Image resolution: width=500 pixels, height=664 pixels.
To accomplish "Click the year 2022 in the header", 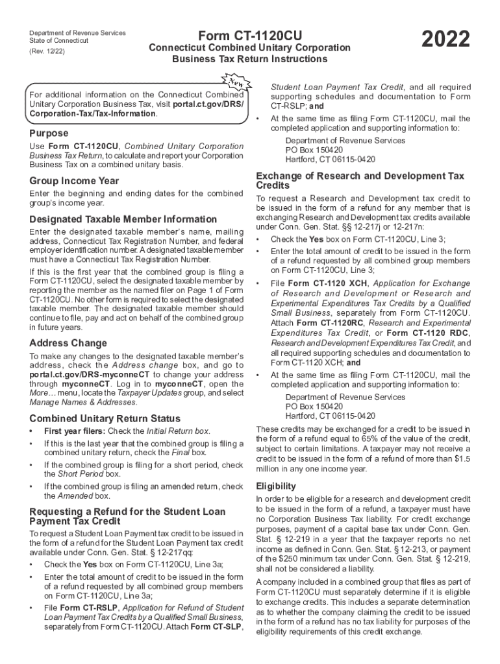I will [445, 40].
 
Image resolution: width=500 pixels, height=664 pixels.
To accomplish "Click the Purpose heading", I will [49, 133].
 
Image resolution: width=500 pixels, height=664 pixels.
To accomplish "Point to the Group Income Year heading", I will [73, 181].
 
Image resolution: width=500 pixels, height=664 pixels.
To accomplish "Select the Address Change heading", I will [68, 343].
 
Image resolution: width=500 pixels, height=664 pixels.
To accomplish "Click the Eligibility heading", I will [276, 486].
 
